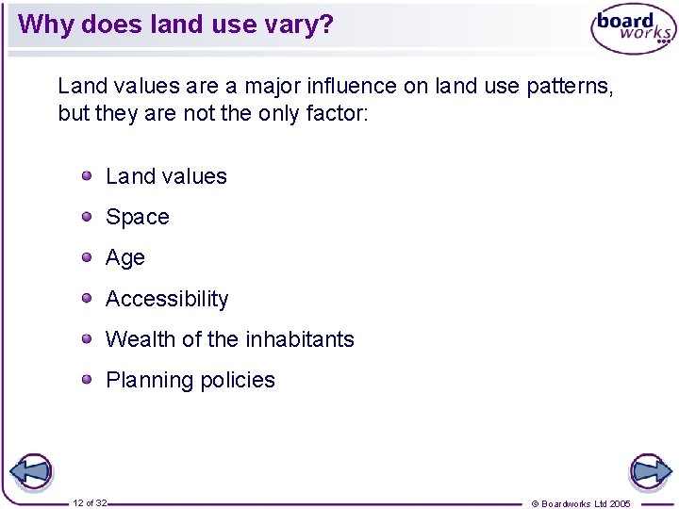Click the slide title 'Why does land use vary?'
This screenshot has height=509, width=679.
coord(175,24)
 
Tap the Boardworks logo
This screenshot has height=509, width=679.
coord(633,29)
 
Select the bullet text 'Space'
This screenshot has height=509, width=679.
coord(138,218)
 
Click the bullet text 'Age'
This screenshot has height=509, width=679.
coord(125,258)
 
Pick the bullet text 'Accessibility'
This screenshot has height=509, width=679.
coord(167,299)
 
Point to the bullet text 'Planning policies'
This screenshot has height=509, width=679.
coord(190,381)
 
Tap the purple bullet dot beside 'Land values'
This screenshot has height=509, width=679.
coord(87,175)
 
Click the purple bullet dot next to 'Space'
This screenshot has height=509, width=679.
coord(87,217)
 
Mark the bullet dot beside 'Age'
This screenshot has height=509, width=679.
coord(87,257)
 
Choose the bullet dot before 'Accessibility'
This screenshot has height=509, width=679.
coord(87,298)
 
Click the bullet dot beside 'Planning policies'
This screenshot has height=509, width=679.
coord(87,380)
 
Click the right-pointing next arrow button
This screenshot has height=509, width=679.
coord(649,471)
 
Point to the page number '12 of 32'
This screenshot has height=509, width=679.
coord(90,503)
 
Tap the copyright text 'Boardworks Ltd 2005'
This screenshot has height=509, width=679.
coord(586,503)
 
